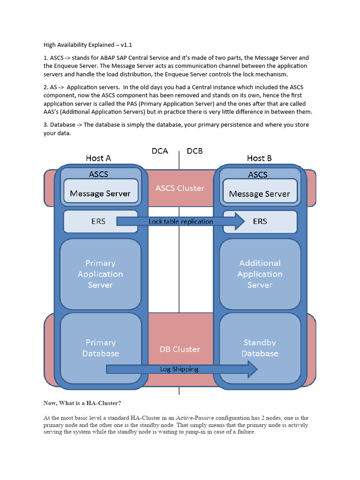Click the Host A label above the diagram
point(98,158)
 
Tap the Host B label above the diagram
point(259,158)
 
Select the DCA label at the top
point(160,151)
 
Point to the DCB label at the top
point(195,151)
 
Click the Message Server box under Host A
point(100,193)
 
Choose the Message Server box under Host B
point(259,194)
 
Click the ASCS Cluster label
point(180,188)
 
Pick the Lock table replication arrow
point(180,221)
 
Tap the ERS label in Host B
point(260,221)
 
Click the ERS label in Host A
point(98,221)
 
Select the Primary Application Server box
point(100,274)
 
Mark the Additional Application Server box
point(260,274)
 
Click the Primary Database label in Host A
point(100,348)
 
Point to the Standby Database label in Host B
point(260,348)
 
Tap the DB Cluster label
point(180,349)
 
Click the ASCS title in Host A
point(98,174)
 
